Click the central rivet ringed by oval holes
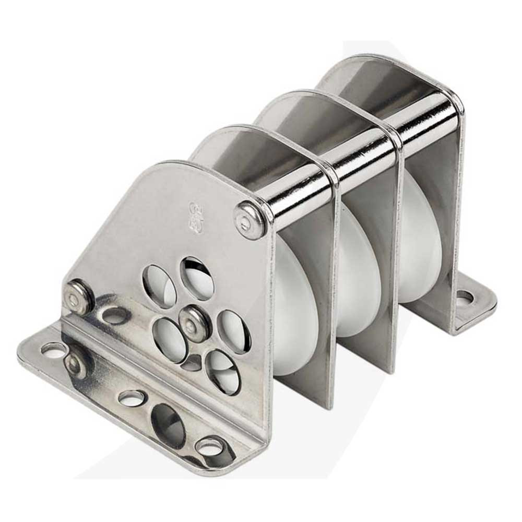point(195,323)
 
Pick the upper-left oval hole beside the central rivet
point(159,286)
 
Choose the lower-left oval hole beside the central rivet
point(170,339)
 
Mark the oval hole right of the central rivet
point(233,330)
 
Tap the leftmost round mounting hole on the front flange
point(54,350)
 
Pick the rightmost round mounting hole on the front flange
point(210,447)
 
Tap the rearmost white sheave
point(418,240)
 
